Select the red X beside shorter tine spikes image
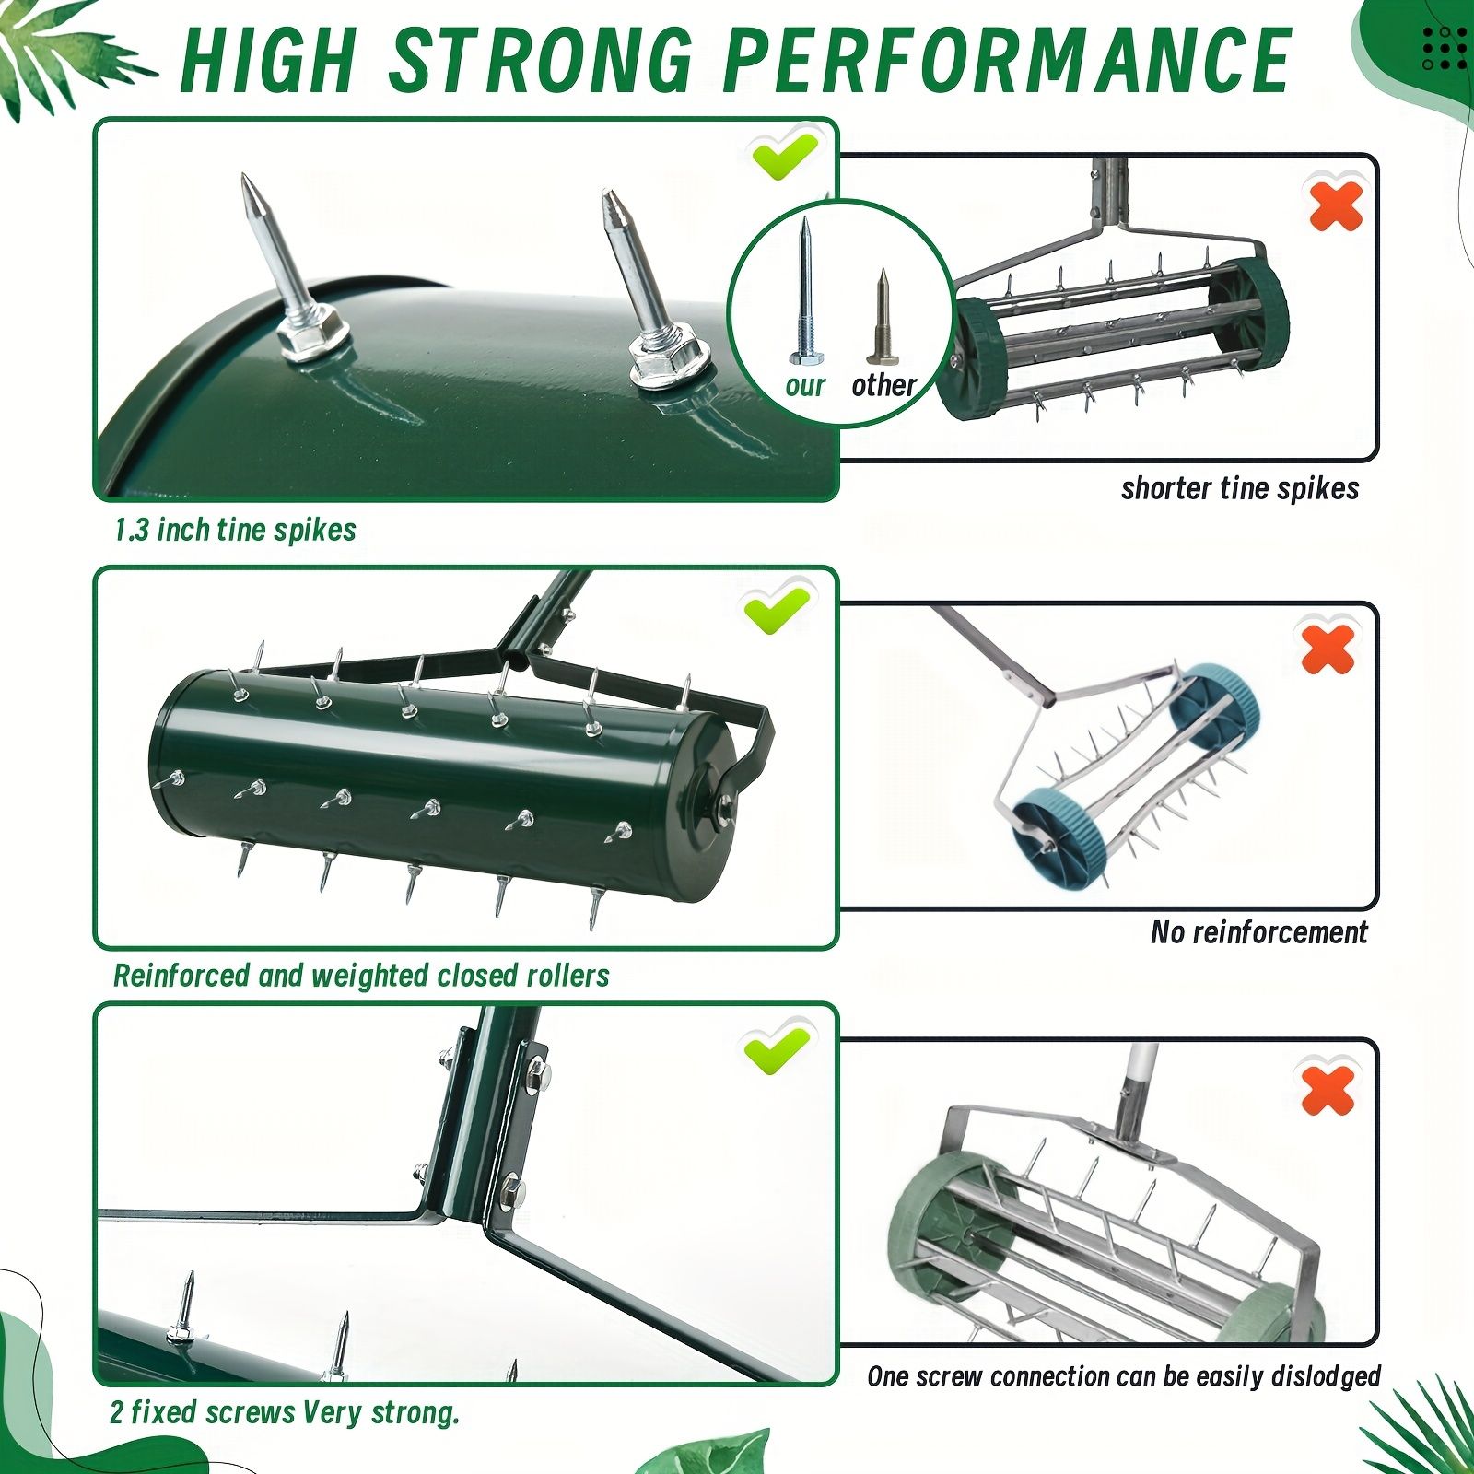tap(1335, 205)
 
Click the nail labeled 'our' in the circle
tap(804, 290)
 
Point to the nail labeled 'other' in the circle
tap(880, 317)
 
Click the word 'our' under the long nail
tap(805, 385)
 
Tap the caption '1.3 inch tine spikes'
tap(236, 530)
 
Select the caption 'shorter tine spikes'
tap(1240, 488)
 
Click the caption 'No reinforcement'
tap(1258, 932)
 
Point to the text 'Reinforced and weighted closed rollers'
tap(361, 976)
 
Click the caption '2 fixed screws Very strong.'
tap(285, 1412)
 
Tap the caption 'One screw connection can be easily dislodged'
tap(1124, 1376)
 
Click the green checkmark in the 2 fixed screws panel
tap(777, 1047)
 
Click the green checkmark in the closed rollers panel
tap(777, 609)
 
